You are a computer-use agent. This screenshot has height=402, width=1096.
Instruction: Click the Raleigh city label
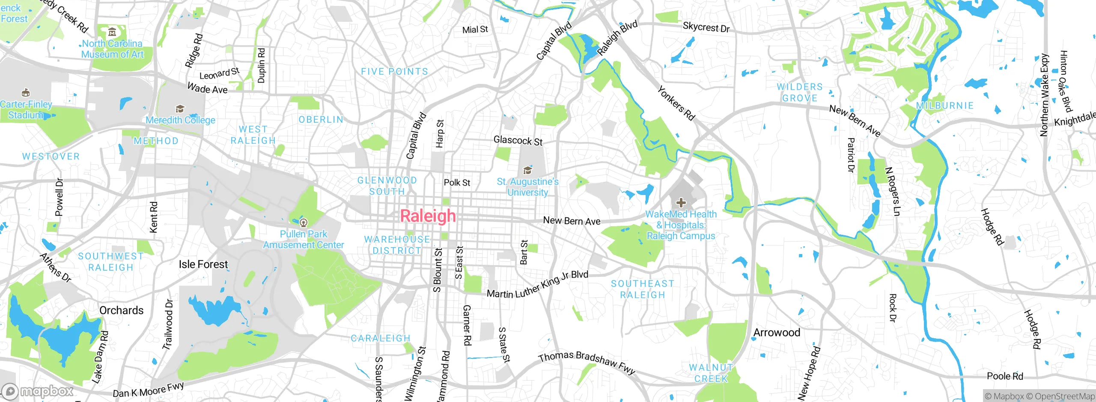coord(428,216)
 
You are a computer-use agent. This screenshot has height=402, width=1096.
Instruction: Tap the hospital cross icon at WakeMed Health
coord(681,203)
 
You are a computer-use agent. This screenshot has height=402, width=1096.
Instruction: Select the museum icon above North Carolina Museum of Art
coord(112,32)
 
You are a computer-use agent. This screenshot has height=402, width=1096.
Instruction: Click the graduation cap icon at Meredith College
coord(180,109)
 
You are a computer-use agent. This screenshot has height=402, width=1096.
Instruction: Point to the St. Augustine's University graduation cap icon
coord(527,171)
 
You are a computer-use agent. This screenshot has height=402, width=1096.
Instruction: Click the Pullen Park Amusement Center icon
coord(304,222)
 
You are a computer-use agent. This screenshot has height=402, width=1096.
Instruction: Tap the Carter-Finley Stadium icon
coord(26,93)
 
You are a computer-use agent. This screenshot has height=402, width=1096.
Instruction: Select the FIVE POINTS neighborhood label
coord(394,71)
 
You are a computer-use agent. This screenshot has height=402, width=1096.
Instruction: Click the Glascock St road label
coord(518,140)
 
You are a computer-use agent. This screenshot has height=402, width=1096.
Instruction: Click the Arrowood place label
coord(777,332)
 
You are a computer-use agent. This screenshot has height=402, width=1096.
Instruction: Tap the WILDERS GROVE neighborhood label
coord(799,92)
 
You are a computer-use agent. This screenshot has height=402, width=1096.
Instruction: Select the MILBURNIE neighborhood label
coord(945,106)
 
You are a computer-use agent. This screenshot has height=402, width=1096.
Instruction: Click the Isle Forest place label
coord(203,264)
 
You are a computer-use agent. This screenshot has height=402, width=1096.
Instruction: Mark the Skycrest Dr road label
coord(706,27)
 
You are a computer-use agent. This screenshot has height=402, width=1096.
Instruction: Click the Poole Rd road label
coord(1005,376)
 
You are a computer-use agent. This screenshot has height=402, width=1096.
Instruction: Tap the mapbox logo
coord(38,391)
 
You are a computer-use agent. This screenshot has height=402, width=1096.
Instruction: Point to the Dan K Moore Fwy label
coord(148,390)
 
